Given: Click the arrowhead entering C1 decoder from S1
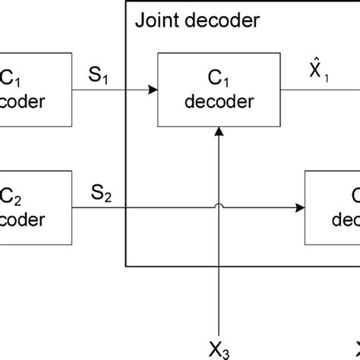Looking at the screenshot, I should [x=154, y=90].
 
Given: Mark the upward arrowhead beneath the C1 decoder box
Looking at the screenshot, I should [x=219, y=130].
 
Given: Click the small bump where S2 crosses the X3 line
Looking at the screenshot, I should [x=219, y=204].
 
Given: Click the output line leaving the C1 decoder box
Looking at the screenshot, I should [x=319, y=90].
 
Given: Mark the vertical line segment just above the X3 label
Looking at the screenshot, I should [x=219, y=304].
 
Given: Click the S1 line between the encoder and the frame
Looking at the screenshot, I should [x=99, y=90].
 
